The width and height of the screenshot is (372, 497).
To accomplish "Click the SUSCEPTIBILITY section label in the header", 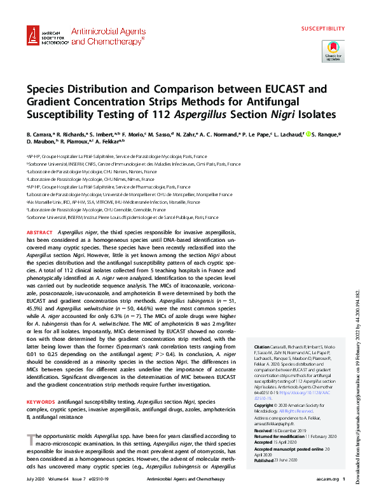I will pyautogui.click(x=323, y=29).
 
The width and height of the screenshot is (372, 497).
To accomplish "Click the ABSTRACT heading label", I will pyautogui.click(x=40, y=234).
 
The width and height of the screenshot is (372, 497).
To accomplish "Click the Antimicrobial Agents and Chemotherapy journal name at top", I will pyautogui.click(x=107, y=36).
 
